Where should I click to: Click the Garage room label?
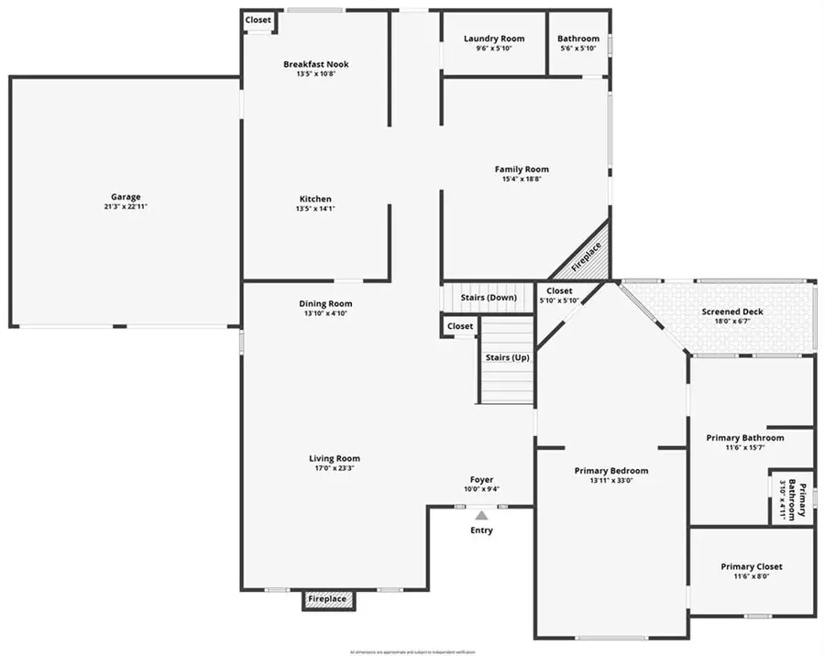(x=126, y=196)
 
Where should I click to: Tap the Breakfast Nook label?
(x=315, y=64)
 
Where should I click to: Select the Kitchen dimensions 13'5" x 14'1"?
(x=315, y=209)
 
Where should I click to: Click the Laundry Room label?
(x=494, y=38)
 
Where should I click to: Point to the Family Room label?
(x=522, y=169)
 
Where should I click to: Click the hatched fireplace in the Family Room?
(x=587, y=255)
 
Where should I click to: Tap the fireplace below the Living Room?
(x=327, y=599)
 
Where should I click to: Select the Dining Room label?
(x=325, y=303)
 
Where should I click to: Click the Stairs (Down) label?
(x=488, y=297)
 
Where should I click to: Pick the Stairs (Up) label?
(x=508, y=356)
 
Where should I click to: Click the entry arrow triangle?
(x=481, y=516)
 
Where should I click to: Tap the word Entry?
(x=481, y=530)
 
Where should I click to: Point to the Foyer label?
(x=481, y=479)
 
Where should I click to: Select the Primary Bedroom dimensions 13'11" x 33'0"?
(x=610, y=481)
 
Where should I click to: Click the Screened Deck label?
(x=732, y=312)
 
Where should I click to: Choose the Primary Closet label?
(x=752, y=566)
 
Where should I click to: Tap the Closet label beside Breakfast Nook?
(x=258, y=20)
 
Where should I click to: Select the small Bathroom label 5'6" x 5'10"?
(x=578, y=48)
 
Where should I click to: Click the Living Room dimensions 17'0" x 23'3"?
(x=334, y=468)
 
